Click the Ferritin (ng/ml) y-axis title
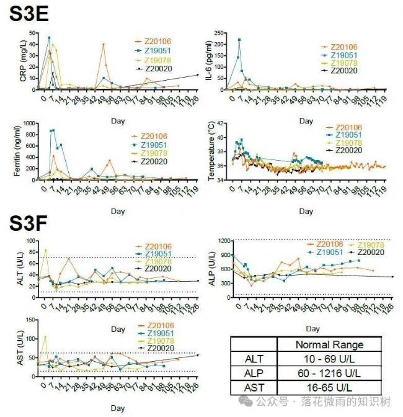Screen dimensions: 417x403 (17, 151)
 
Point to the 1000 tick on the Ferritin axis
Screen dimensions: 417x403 (29, 123)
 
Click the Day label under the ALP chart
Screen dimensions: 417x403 (313, 328)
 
